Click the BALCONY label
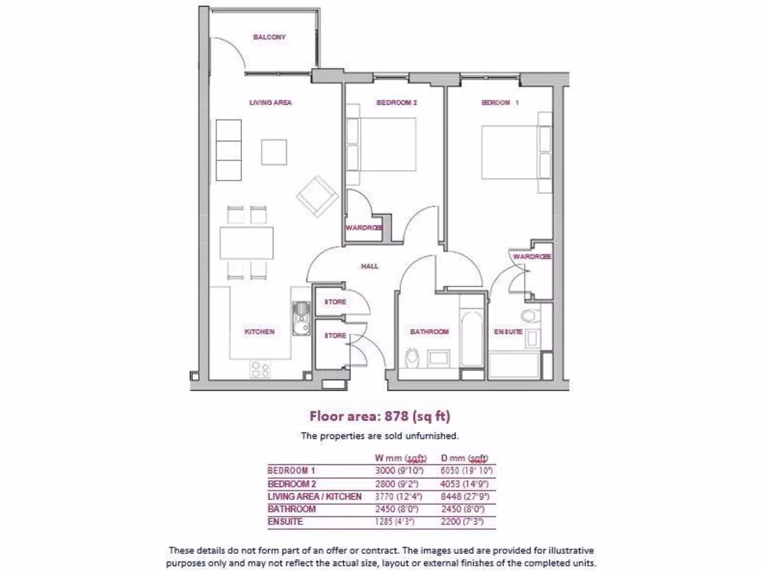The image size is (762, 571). click(x=269, y=37)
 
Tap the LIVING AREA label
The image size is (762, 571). click(x=270, y=103)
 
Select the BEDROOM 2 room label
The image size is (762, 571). click(x=396, y=103)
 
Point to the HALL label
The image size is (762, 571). click(x=370, y=265)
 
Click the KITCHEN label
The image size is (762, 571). click(x=260, y=332)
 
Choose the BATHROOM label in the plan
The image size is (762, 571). click(x=429, y=332)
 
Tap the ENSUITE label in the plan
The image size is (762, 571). click(x=508, y=332)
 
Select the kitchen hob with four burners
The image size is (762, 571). click(x=260, y=369)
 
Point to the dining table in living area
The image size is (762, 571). click(x=246, y=242)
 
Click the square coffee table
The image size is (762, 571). click(x=274, y=152)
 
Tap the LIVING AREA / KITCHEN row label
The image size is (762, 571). click(x=314, y=496)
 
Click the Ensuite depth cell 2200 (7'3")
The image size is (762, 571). click(x=467, y=522)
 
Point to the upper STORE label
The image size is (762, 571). click(x=335, y=302)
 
